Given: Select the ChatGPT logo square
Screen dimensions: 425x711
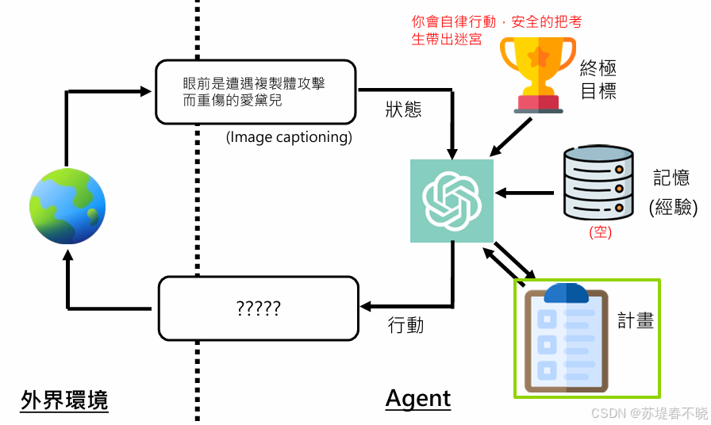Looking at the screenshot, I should click(452, 201).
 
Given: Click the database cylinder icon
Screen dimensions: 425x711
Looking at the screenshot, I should click(599, 182).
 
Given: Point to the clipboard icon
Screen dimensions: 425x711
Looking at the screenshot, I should click(567, 338).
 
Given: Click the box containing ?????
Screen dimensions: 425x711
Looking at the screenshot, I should click(259, 308).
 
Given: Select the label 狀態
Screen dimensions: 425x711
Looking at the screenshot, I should click(404, 109).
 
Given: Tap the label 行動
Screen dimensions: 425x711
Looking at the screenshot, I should click(405, 324).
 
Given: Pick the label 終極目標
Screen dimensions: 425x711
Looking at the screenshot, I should click(598, 78).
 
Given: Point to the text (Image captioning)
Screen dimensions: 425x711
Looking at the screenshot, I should click(289, 136).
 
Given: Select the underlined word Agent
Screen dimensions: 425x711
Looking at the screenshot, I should click(418, 398).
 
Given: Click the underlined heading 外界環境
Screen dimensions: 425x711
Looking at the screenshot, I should click(64, 400).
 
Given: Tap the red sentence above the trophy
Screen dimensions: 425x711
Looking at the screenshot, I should click(496, 30).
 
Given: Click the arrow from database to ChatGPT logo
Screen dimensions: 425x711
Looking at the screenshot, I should click(524, 192).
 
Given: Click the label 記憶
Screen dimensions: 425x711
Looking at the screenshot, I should click(671, 178).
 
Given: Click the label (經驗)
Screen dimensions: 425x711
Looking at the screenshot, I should click(673, 207).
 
